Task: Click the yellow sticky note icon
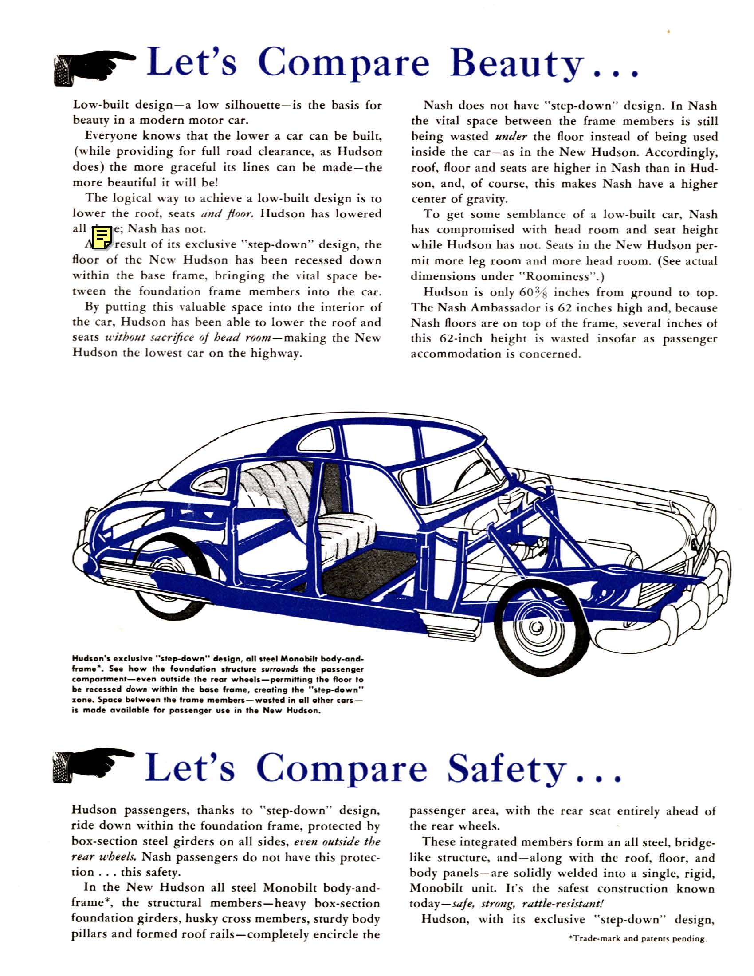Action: click(102, 237)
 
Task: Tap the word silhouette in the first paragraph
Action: click(254, 106)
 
